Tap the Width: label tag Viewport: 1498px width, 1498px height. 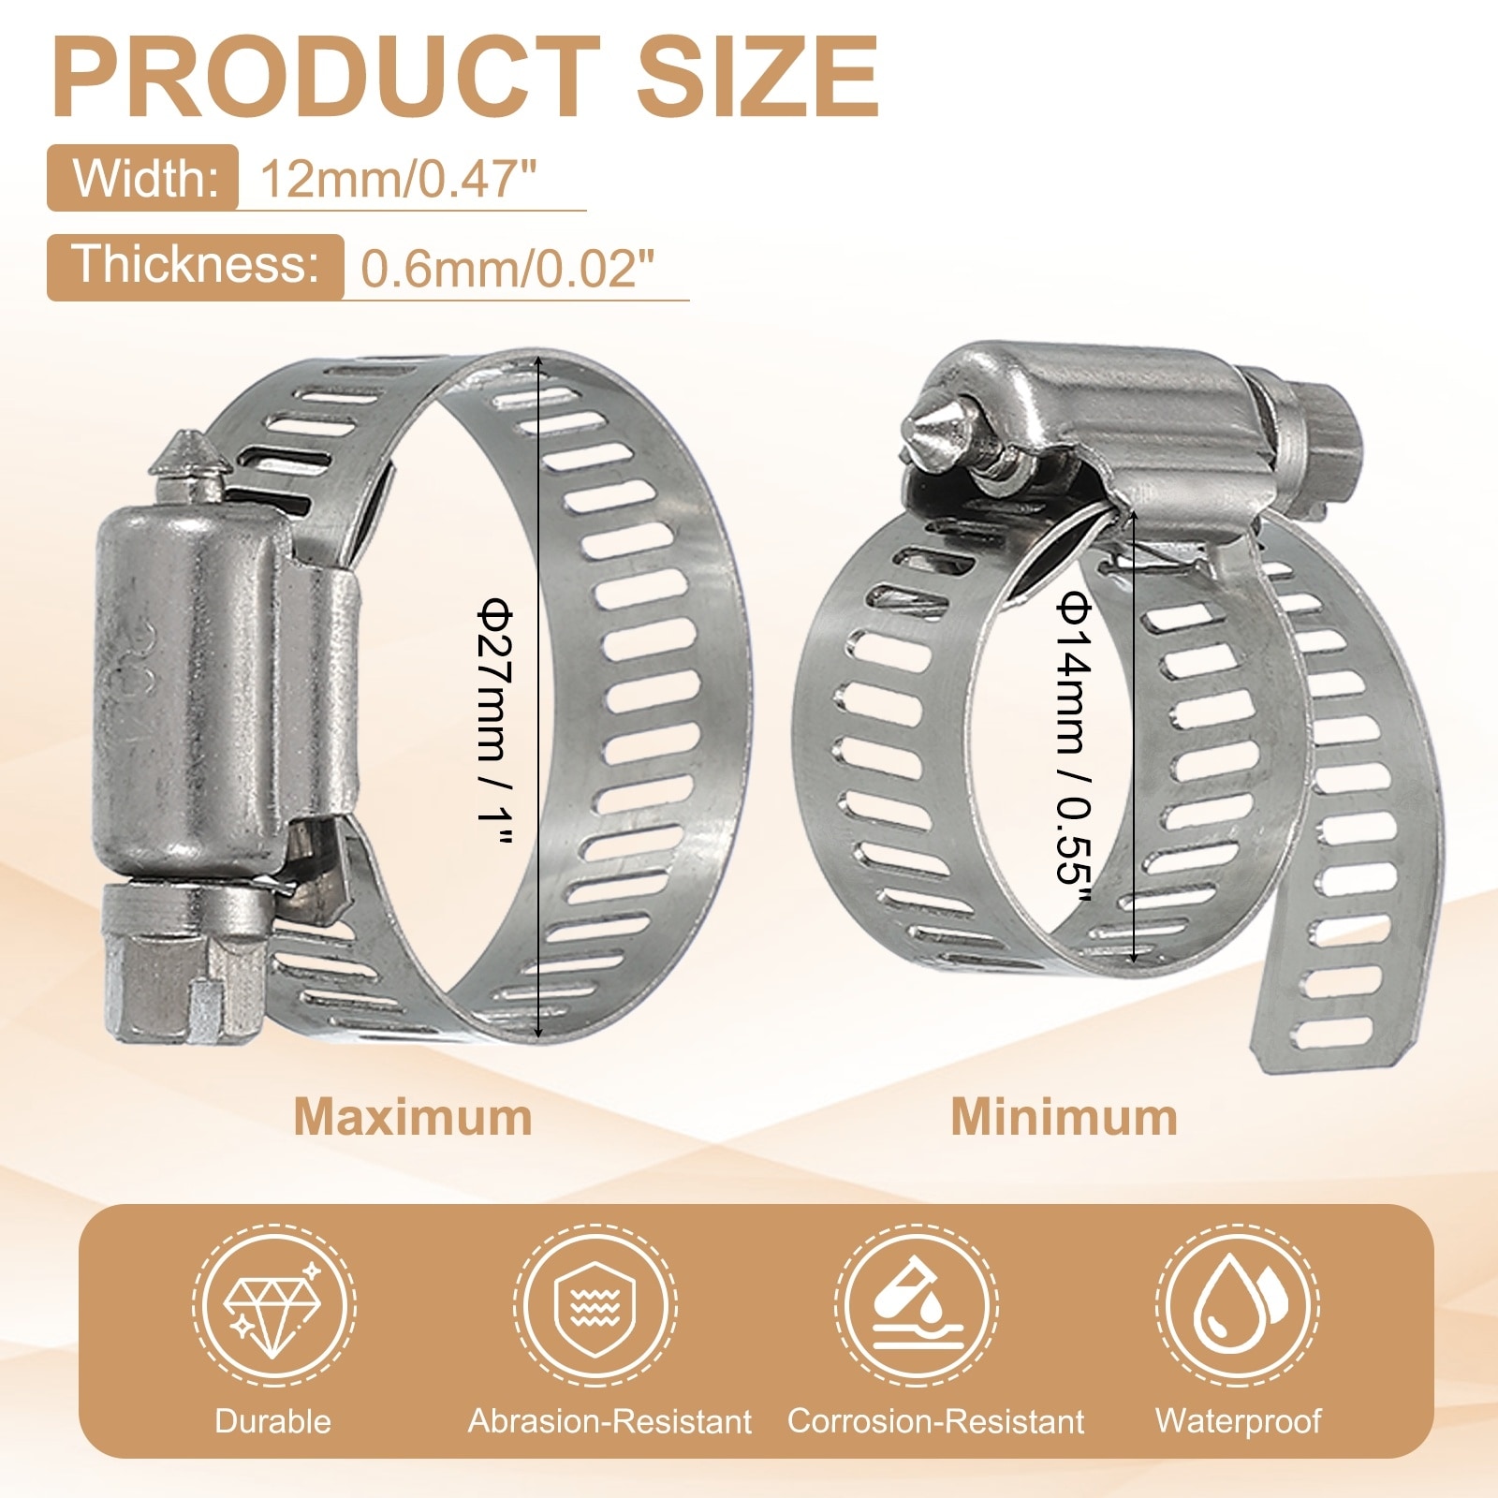click(143, 178)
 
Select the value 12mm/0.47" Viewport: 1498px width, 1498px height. click(399, 178)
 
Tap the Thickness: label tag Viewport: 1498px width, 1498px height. click(196, 266)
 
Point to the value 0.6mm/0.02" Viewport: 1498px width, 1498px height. click(506, 268)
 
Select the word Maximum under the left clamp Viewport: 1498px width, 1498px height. click(413, 1117)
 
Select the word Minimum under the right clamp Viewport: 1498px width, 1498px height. click(1065, 1117)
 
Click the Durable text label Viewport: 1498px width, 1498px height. click(273, 1421)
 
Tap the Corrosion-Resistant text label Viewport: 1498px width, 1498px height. click(935, 1421)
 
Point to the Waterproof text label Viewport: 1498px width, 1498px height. click(1238, 1421)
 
